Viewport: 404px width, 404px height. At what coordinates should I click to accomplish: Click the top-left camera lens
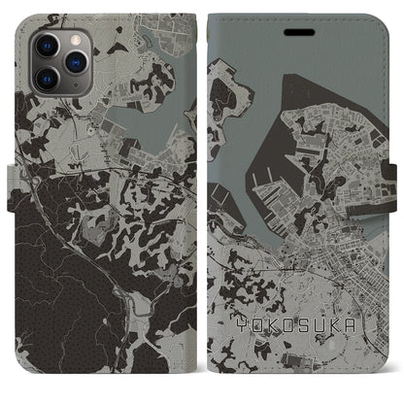pyautogui.click(x=47, y=46)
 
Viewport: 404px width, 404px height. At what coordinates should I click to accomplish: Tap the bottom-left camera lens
pyautogui.click(x=47, y=77)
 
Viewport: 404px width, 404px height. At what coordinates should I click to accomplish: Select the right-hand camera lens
pyautogui.click(x=73, y=61)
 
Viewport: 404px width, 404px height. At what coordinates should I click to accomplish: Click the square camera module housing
pyautogui.click(x=58, y=60)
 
